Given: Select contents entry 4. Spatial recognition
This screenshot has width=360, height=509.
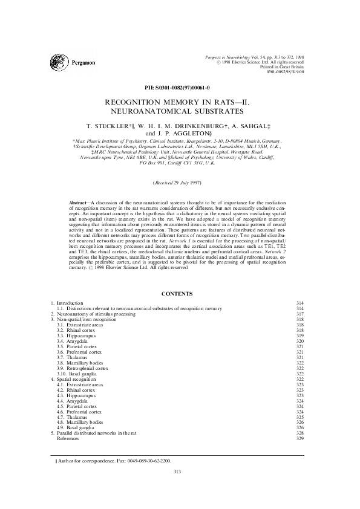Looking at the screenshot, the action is [75, 379].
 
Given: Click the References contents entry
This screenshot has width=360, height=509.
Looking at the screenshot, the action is [68, 438].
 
